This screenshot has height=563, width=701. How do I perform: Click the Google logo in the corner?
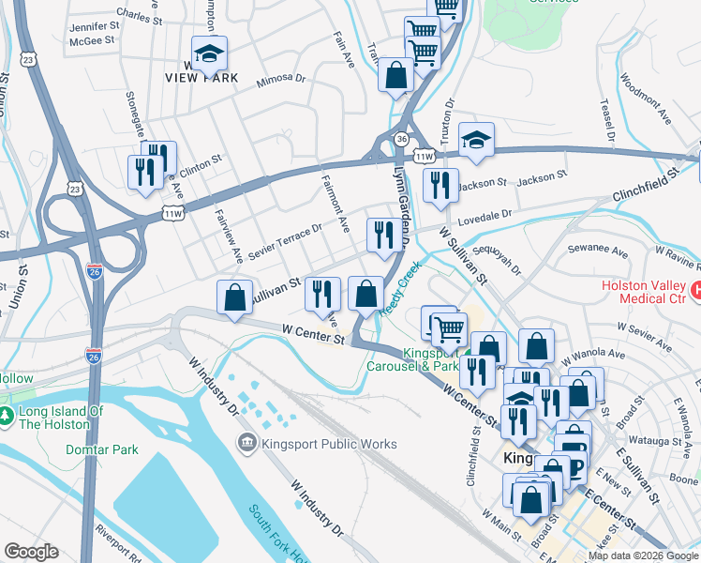31,552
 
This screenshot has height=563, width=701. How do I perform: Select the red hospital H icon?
694,292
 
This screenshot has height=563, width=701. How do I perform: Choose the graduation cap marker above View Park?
210,55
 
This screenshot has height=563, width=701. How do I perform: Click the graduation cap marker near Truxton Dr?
476,141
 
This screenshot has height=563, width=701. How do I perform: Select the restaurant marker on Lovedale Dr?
381,236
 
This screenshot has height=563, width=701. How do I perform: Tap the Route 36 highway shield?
401,139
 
